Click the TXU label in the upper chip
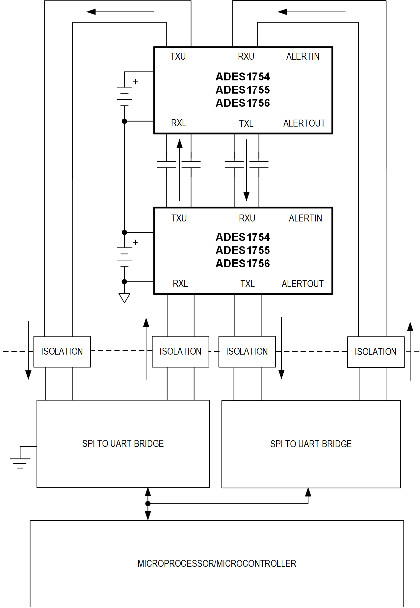tap(178, 57)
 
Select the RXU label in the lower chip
tap(247, 218)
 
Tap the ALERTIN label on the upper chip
tap(302, 57)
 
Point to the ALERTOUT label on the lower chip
tap(302, 284)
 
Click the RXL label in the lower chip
tap(180, 283)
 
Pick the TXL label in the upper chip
tap(246, 124)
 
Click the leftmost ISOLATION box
tap(62, 351)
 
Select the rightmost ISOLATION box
tap(376, 352)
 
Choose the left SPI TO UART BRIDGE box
tap(123, 444)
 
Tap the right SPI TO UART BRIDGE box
tap(311, 444)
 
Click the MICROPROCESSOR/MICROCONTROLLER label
tap(217, 564)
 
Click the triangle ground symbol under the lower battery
tap(124, 298)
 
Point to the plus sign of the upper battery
tap(135, 82)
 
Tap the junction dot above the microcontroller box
tap(148, 504)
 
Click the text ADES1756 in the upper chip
tap(243, 103)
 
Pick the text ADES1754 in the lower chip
tap(243, 237)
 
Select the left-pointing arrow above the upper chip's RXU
tap(311, 12)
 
